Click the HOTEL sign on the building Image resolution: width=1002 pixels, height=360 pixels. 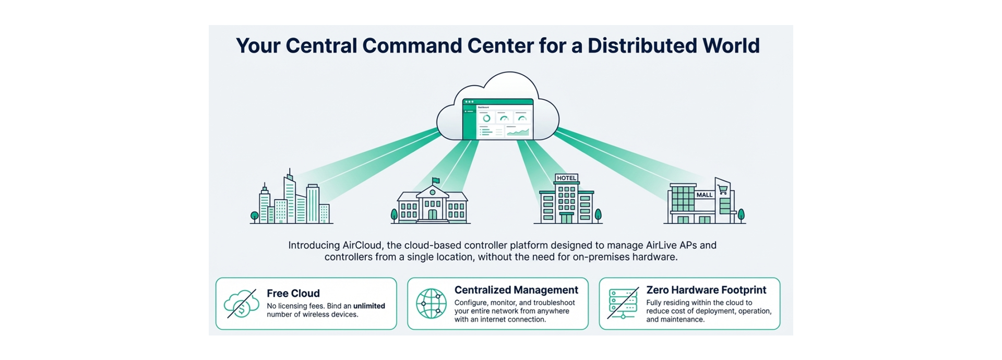point(566,178)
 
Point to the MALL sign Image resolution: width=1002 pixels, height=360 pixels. point(704,195)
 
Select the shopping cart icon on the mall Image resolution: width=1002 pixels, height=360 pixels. point(723,189)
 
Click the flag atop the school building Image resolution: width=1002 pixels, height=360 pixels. point(436,181)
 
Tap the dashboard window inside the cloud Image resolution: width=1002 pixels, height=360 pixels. point(498,119)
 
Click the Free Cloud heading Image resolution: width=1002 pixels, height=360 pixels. point(293,293)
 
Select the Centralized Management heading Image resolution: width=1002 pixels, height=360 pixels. point(516,290)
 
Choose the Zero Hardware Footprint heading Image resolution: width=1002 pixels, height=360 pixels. point(706,290)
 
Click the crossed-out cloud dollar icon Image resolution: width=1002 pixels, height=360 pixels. point(241,304)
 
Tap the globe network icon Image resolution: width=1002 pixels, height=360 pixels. point(431,303)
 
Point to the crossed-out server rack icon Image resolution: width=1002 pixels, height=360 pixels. point(623,303)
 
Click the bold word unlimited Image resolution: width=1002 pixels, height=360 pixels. point(369,306)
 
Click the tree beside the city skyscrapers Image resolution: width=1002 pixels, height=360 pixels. point(255,215)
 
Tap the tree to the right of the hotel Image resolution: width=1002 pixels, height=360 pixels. point(598,214)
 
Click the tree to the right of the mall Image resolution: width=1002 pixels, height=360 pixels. point(741,214)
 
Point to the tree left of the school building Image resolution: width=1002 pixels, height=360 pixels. point(395,214)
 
